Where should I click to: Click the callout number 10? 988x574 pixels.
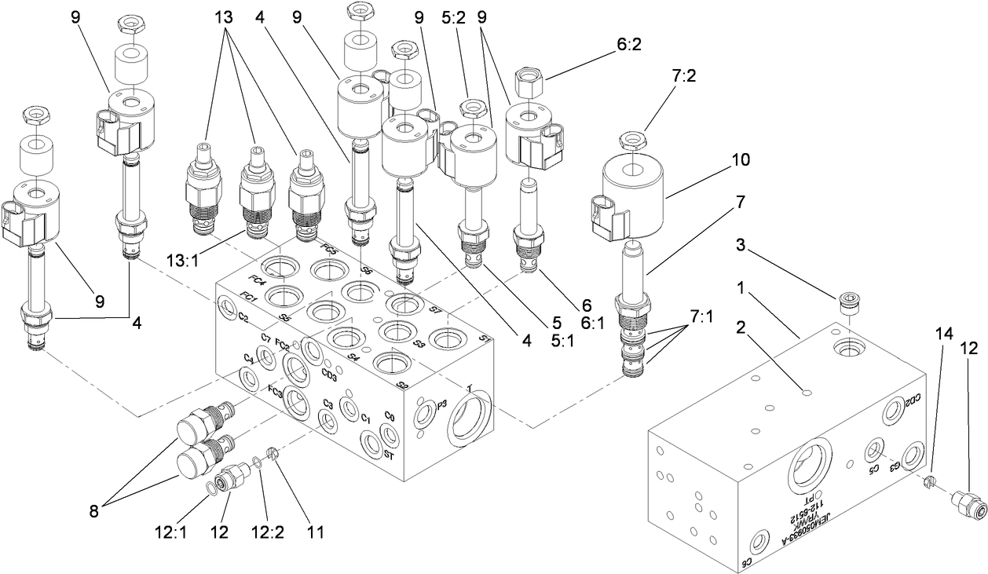point(740,159)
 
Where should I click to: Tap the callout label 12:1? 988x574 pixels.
point(173,532)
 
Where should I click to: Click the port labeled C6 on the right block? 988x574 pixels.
point(762,543)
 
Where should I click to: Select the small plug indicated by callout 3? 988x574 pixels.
point(850,302)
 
